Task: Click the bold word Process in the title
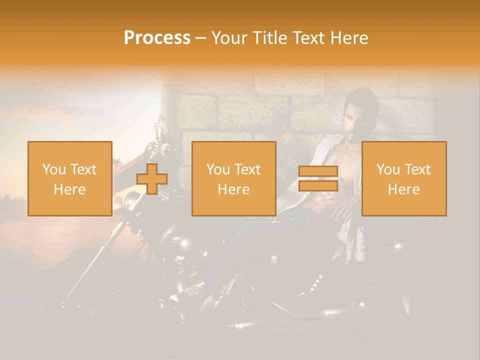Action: pyautogui.click(x=157, y=38)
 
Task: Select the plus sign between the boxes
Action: pyautogui.click(x=152, y=179)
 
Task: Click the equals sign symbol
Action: pyautogui.click(x=318, y=178)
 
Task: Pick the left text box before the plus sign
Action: pyautogui.click(x=70, y=179)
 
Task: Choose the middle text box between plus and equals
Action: pyautogui.click(x=234, y=179)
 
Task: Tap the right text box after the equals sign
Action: pyautogui.click(x=404, y=179)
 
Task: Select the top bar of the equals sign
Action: pyautogui.click(x=318, y=171)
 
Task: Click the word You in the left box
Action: pyautogui.click(x=54, y=169)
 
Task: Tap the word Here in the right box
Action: pyautogui.click(x=404, y=189)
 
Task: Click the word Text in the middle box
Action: pyautogui.click(x=247, y=169)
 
